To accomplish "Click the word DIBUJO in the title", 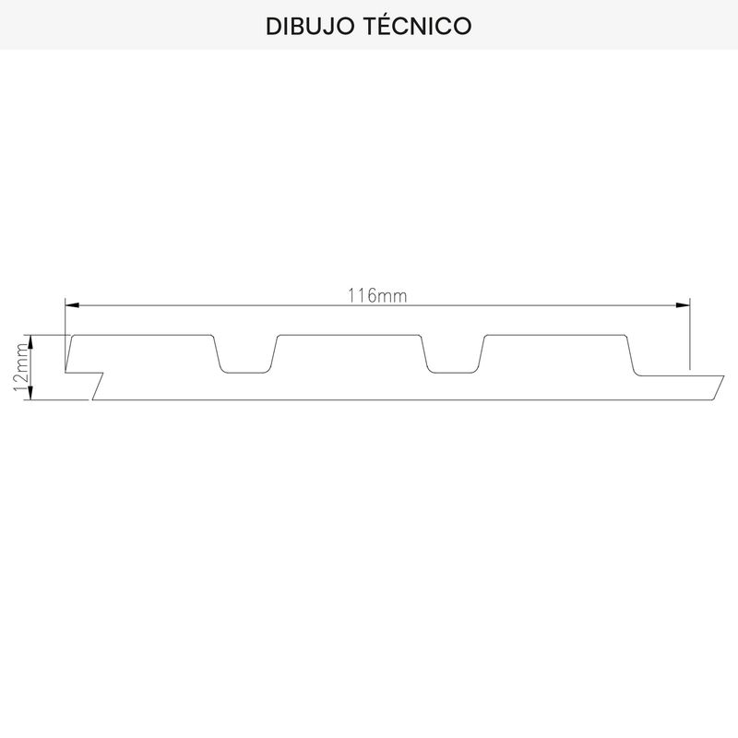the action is [x=310, y=27].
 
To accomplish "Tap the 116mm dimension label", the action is [x=377, y=295].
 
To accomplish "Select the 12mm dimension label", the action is [x=21, y=367].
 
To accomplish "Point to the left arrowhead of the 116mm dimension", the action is [x=72, y=305].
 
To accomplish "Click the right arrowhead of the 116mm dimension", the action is [x=683, y=305].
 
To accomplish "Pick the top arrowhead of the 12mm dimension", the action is [x=30, y=341].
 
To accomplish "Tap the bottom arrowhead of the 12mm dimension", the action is [x=30, y=393].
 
